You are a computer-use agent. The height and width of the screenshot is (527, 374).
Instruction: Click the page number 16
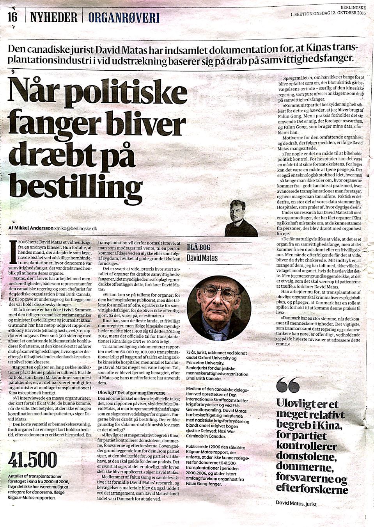(x=12, y=17)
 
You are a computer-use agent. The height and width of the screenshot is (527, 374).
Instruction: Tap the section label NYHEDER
(x=53, y=17)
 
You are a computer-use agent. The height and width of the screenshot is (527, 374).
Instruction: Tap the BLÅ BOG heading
(x=199, y=247)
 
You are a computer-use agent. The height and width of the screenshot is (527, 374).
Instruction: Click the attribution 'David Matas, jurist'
(x=296, y=504)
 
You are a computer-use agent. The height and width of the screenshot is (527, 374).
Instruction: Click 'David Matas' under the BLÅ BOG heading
(x=202, y=258)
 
